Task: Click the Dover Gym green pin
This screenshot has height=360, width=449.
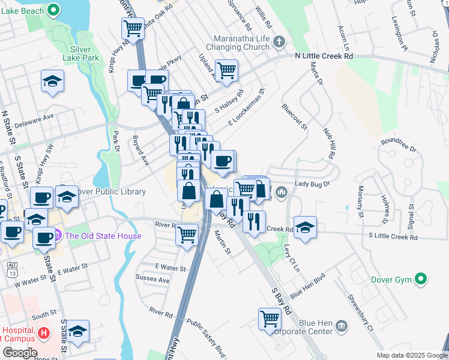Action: (421, 278)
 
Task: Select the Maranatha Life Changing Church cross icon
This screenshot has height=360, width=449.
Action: (279, 42)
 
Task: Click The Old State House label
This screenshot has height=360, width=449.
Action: (103, 236)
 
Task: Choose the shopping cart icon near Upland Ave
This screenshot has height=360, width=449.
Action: (226, 71)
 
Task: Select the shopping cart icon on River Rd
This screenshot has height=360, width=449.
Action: (187, 233)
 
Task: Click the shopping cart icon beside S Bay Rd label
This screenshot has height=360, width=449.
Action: (270, 318)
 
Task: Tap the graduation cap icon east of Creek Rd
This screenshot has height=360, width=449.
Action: (305, 226)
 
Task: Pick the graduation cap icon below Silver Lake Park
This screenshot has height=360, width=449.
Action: (52, 80)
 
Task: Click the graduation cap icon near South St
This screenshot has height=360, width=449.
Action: (77, 331)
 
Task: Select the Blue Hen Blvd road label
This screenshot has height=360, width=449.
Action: (307, 287)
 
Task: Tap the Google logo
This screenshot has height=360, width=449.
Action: (20, 353)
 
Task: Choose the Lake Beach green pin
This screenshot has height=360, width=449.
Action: (53, 10)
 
